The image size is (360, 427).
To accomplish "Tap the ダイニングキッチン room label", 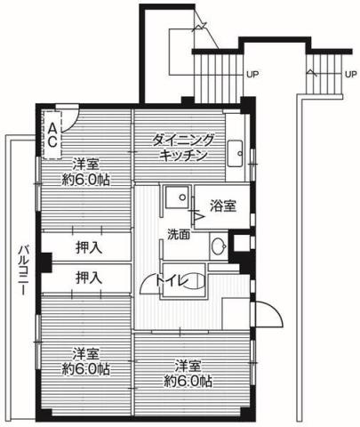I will [184, 147].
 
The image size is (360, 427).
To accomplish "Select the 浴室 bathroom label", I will [223, 206].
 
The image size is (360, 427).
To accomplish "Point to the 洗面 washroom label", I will [178, 235].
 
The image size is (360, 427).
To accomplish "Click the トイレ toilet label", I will [172, 282].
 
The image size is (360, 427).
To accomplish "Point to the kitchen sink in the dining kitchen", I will [236, 152].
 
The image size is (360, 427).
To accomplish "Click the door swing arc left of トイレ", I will [148, 283].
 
